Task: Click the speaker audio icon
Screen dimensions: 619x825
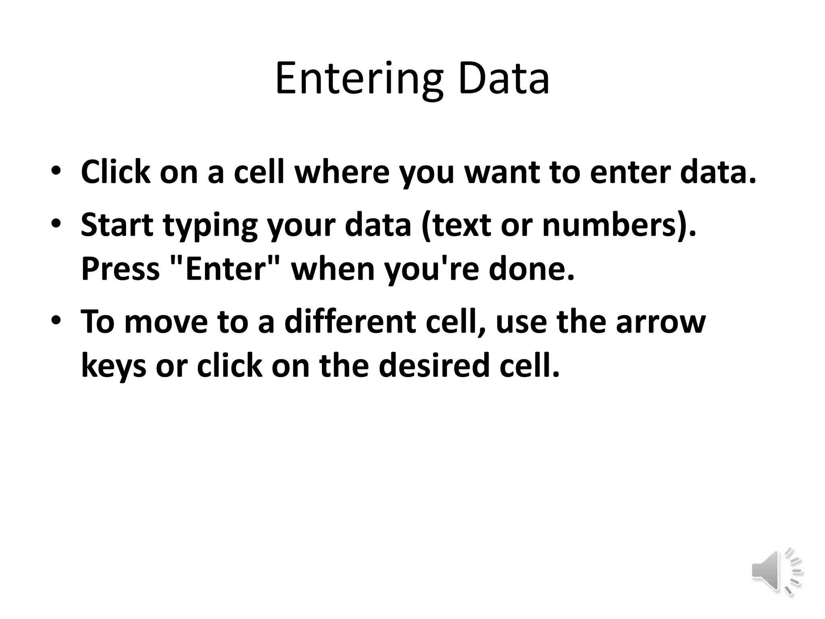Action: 776,571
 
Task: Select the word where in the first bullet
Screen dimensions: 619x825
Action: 342,172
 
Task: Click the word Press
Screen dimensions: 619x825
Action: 120,269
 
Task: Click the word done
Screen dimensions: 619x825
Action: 531,269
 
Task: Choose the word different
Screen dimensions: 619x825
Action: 350,322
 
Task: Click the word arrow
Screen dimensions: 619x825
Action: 661,322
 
